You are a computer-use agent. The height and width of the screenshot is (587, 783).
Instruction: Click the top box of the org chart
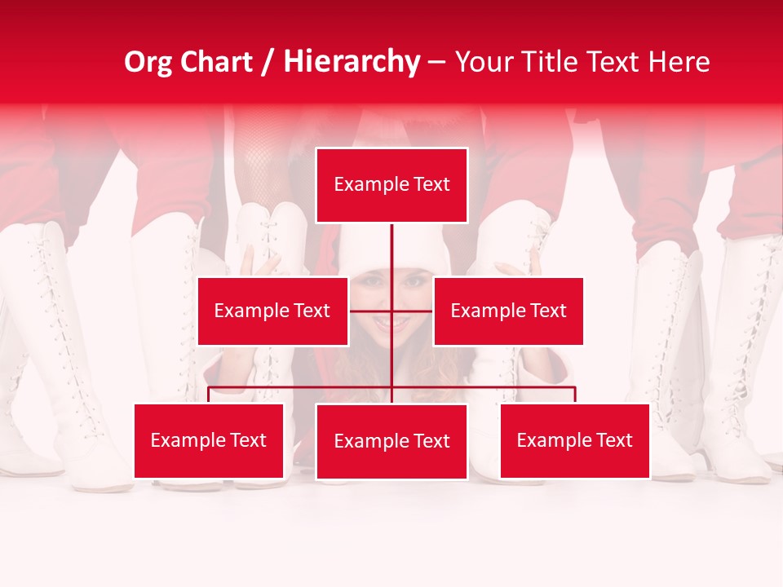(391, 185)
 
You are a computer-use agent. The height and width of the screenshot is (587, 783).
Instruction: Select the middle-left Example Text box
(272, 311)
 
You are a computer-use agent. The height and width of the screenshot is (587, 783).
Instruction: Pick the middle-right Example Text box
(508, 311)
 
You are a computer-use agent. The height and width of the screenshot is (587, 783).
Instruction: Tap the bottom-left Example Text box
(208, 441)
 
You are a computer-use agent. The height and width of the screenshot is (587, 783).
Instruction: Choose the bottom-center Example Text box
(391, 442)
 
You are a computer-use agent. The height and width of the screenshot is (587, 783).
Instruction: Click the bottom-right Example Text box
(574, 441)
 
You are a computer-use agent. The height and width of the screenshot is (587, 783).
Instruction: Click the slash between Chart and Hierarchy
(269, 63)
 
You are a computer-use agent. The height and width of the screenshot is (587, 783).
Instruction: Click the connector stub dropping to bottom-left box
(209, 395)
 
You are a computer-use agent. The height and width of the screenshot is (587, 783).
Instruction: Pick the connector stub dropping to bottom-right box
(575, 395)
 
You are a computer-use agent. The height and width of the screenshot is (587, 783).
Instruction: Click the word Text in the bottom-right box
(613, 441)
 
